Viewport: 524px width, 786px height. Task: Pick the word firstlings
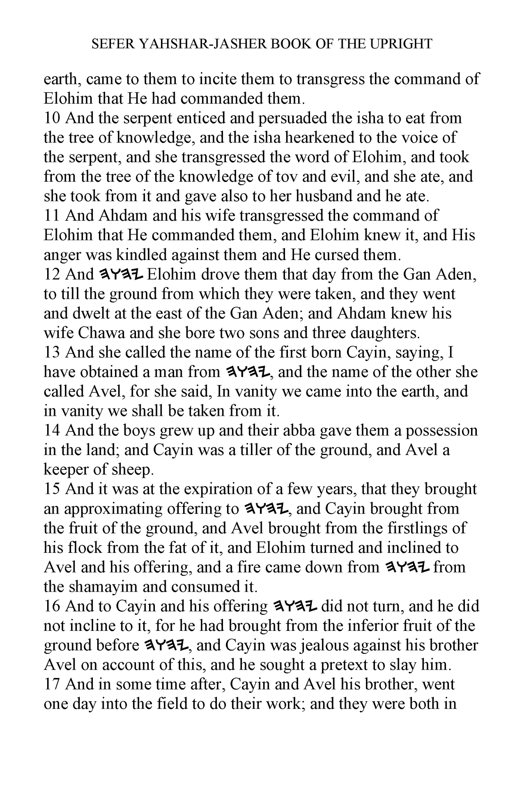pos(408,528)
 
